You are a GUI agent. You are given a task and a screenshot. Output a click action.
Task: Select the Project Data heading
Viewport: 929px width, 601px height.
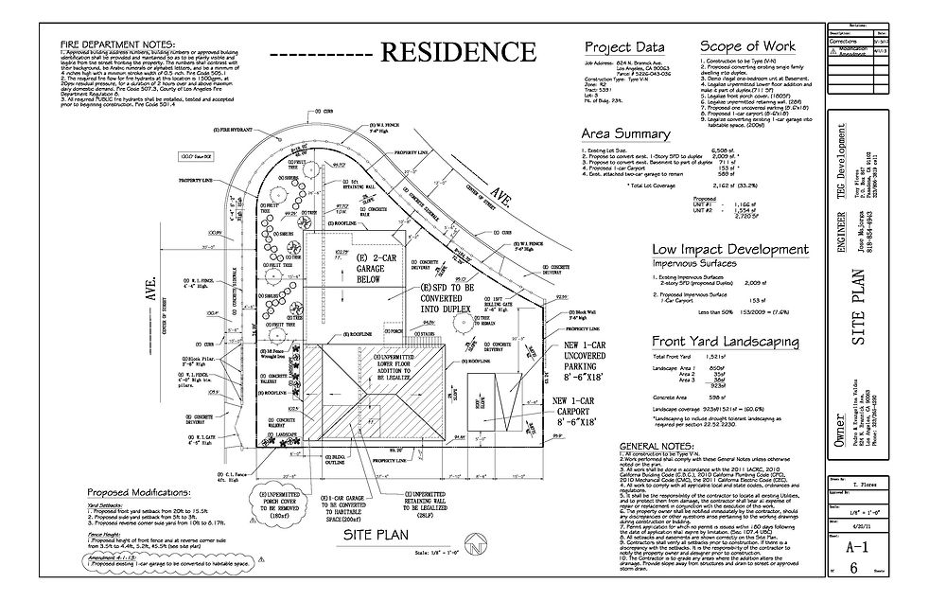click(623, 47)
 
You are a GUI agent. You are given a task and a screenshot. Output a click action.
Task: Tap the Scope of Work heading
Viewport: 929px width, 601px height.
click(745, 47)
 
